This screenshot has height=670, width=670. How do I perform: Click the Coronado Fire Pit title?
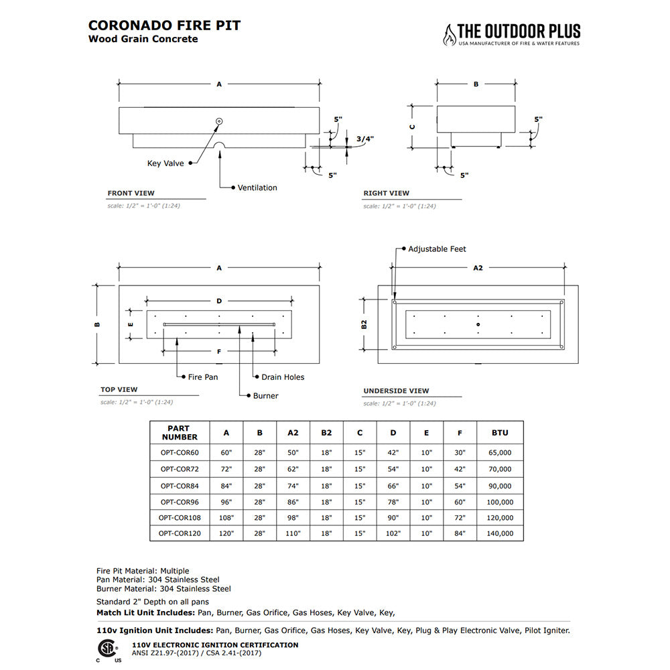(x=164, y=25)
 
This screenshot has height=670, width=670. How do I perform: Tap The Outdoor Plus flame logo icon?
(x=448, y=35)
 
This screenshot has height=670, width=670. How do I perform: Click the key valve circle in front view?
(x=218, y=121)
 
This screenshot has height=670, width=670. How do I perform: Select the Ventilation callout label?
(x=257, y=188)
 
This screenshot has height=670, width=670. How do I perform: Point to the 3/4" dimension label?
(x=364, y=139)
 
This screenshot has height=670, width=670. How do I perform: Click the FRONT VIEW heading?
(x=131, y=193)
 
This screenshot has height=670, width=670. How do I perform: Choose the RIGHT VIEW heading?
(x=386, y=193)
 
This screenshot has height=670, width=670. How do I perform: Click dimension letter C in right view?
(x=413, y=126)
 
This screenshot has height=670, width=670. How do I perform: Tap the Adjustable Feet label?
(x=437, y=249)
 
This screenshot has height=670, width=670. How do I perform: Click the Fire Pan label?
(x=203, y=377)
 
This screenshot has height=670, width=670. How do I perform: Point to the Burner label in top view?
(x=265, y=396)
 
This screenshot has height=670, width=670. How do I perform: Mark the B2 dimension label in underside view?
(x=364, y=324)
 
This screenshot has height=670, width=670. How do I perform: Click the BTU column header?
(x=500, y=433)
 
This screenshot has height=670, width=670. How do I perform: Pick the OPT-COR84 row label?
(x=180, y=486)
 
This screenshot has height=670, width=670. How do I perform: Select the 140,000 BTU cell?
(x=500, y=534)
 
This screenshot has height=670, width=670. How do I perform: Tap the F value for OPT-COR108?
(x=460, y=518)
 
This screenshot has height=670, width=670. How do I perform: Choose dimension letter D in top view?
(x=219, y=300)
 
